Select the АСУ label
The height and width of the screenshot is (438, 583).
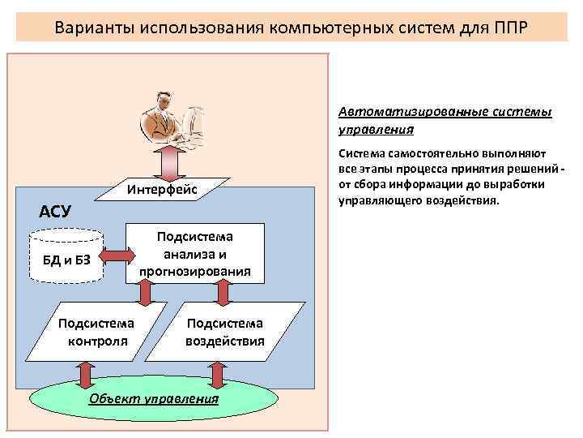56,212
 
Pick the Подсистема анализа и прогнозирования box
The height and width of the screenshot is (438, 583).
194,253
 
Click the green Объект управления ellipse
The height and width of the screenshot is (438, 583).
154,399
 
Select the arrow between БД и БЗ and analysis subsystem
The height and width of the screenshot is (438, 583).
117,255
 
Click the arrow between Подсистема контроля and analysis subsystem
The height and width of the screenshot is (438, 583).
145,293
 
